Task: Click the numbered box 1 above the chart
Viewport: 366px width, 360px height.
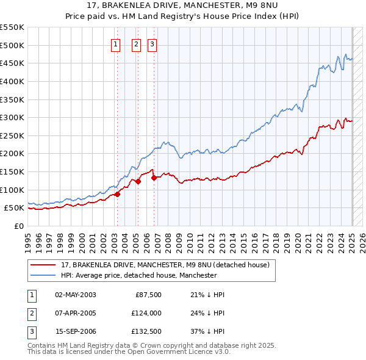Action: tap(115, 44)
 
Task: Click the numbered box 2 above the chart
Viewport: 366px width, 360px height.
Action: tap(135, 44)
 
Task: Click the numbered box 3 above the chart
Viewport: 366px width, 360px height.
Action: tap(151, 44)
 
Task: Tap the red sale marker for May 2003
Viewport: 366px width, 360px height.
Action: tap(117, 194)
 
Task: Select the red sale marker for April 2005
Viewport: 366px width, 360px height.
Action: tap(138, 181)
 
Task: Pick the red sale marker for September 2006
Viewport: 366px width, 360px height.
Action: tap(154, 178)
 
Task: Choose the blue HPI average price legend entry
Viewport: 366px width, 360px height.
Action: tap(138, 275)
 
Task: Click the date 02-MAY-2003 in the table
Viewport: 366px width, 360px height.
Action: tap(76, 295)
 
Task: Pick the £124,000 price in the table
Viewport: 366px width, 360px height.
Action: tap(145, 314)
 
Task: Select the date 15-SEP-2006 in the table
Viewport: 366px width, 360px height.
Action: tap(76, 332)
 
